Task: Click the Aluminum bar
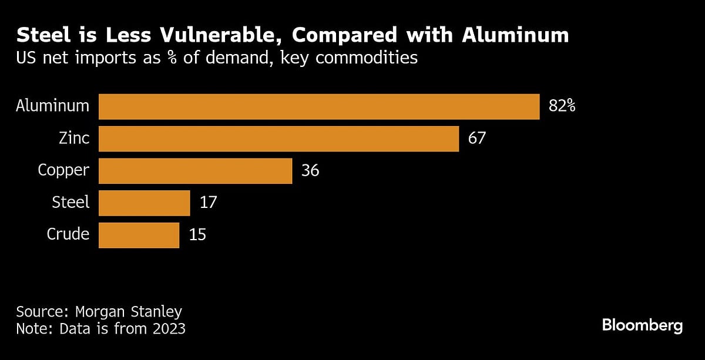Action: [319, 107]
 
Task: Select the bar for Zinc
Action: [278, 139]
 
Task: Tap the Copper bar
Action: [195, 171]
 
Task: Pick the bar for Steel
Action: [144, 203]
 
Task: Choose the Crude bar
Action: [139, 235]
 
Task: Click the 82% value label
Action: [562, 107]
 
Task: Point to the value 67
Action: [478, 139]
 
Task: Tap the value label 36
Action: [310, 171]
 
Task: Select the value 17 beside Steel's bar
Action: [208, 203]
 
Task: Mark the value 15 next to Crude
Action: [198, 235]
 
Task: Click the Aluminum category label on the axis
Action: [53, 106]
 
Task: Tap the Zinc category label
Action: [74, 139]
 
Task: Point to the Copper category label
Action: [63, 171]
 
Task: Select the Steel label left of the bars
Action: [71, 203]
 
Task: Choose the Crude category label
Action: [68, 234]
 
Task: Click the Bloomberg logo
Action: [642, 326]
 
